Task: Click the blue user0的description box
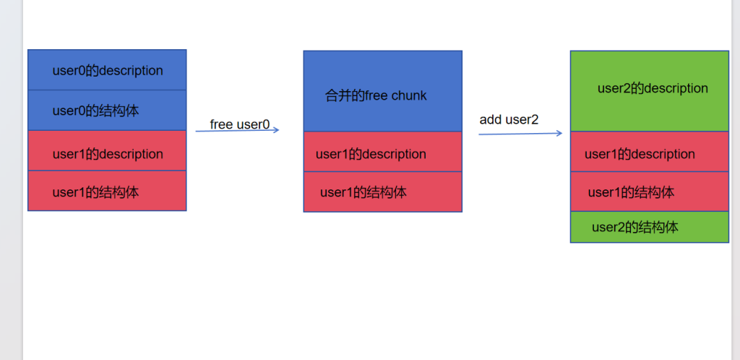(x=107, y=70)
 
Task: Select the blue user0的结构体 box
(x=107, y=111)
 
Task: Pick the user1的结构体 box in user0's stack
(x=107, y=191)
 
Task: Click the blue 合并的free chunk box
(x=382, y=92)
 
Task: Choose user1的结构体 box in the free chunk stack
(x=382, y=192)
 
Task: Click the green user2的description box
(x=649, y=91)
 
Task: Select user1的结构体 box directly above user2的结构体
(x=649, y=192)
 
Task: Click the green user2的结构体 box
(x=649, y=227)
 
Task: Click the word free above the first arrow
(x=222, y=124)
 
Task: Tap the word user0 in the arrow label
(x=254, y=124)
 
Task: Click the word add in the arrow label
(x=491, y=119)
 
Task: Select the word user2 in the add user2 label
(x=522, y=119)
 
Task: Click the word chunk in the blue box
(x=409, y=95)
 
